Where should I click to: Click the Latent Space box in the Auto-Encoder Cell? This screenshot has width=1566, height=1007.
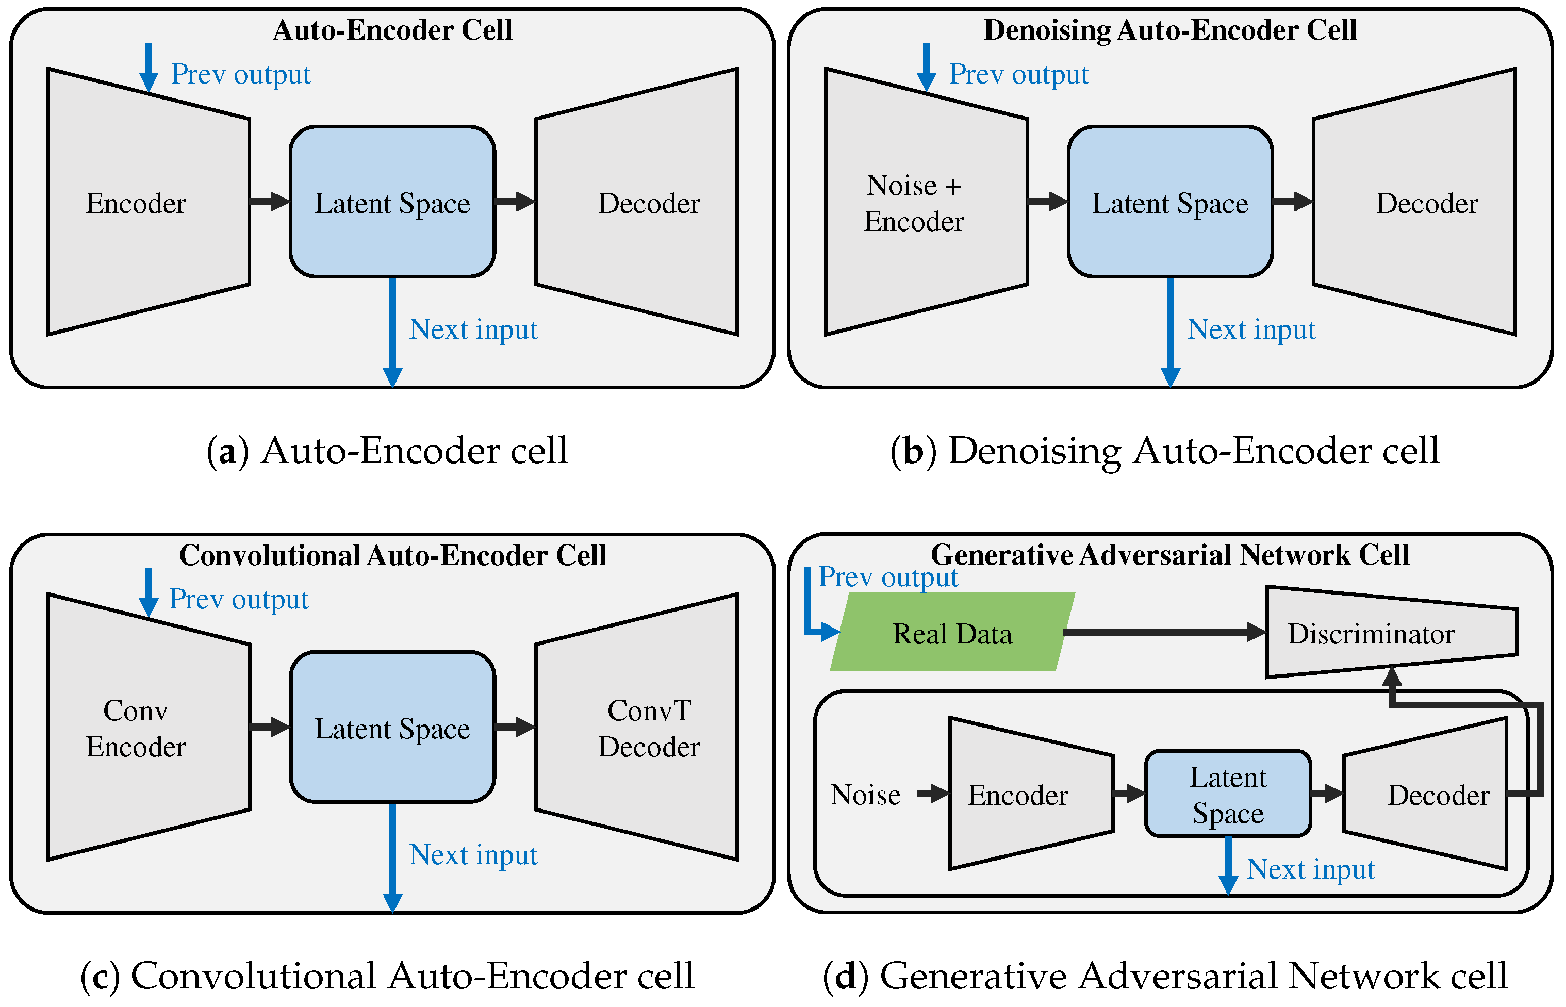coord(392,203)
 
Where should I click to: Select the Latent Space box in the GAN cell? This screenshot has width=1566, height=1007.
coord(1227,795)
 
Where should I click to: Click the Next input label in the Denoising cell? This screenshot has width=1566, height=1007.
coord(1251,329)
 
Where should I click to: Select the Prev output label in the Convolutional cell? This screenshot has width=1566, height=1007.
coord(239,600)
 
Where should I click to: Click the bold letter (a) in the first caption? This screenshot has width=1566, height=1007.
coord(227,451)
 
